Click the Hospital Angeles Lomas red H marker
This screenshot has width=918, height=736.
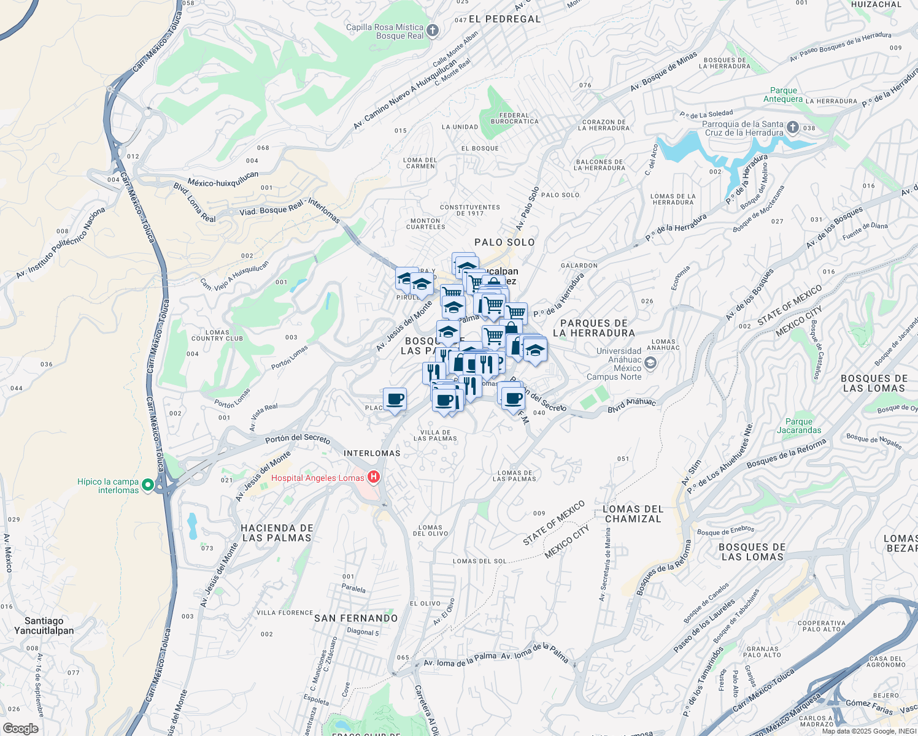pos(373,478)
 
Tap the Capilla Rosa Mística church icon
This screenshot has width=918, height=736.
pos(433,31)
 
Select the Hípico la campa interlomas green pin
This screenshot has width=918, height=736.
pos(148,485)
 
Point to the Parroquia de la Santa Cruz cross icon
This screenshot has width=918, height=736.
pos(793,128)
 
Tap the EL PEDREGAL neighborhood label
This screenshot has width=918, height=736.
pos(504,19)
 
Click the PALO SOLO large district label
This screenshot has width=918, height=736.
pos(504,242)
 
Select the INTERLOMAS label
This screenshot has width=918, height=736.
pos(372,453)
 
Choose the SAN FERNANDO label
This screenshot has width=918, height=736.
pos(356,618)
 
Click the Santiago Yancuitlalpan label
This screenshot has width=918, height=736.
pos(44,626)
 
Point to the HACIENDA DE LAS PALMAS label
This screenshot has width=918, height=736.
pos(277,533)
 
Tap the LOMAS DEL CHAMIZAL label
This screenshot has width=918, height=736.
pos(633,514)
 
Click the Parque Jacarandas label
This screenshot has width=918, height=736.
pos(799,426)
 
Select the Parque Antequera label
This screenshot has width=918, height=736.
pos(783,94)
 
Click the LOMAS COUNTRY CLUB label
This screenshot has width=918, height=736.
pos(217,335)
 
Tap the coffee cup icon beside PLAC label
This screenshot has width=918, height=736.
pos(395,399)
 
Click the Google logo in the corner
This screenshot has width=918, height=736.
pos(20,729)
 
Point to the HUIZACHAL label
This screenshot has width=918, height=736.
pos(876,4)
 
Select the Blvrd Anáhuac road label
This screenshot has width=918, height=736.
pos(631,405)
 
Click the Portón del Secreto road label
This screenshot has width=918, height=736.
pos(298,439)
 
